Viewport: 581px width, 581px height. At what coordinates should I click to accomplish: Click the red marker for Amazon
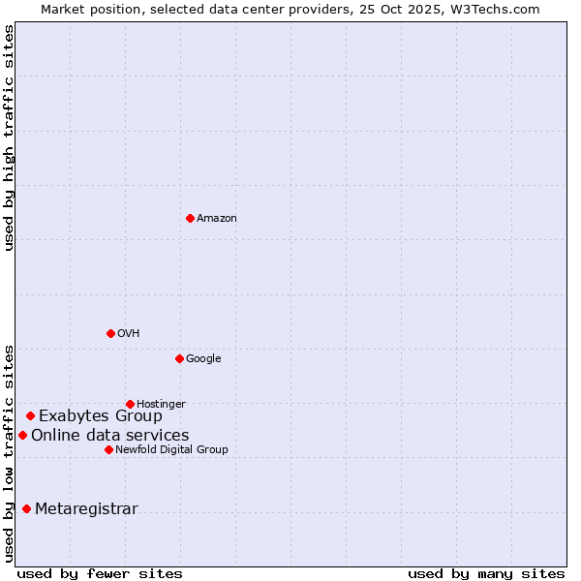[190, 218]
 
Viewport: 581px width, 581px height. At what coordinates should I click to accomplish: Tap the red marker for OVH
[110, 333]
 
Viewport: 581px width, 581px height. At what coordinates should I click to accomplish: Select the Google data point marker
[179, 358]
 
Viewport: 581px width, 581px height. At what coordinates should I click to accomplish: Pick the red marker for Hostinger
[130, 404]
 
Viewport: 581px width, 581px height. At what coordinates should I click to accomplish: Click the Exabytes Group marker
[30, 416]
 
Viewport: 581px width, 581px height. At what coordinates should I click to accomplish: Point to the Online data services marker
[22, 436]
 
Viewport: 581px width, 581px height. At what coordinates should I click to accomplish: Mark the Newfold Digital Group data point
[108, 449]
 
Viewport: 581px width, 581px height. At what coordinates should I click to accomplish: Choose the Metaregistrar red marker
[26, 509]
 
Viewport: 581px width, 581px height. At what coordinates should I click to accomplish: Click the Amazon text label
[217, 219]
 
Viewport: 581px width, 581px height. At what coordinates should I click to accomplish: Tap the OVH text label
[129, 334]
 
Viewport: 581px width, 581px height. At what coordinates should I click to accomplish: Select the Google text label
[203, 359]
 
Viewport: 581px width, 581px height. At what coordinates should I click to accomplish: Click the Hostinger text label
[161, 405]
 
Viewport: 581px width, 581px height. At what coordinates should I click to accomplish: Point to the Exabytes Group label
[101, 416]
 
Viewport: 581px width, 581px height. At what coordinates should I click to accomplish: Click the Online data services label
[110, 436]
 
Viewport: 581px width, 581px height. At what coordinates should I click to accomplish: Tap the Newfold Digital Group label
[172, 450]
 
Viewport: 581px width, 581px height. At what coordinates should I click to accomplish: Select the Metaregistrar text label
[86, 509]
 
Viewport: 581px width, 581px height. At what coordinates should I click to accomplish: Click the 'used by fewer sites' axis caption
[100, 573]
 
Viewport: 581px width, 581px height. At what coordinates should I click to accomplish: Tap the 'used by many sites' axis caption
[486, 573]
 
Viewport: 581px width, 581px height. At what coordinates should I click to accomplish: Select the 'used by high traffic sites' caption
[9, 138]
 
